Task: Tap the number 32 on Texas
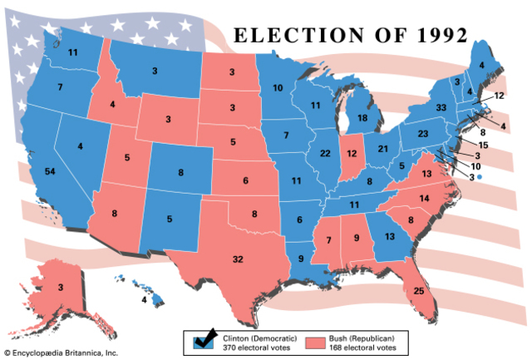[238, 259]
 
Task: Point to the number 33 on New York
[442, 108]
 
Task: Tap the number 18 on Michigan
[363, 119]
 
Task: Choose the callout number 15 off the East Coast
[483, 145]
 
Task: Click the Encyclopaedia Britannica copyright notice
[60, 353]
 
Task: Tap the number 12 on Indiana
[351, 153]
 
